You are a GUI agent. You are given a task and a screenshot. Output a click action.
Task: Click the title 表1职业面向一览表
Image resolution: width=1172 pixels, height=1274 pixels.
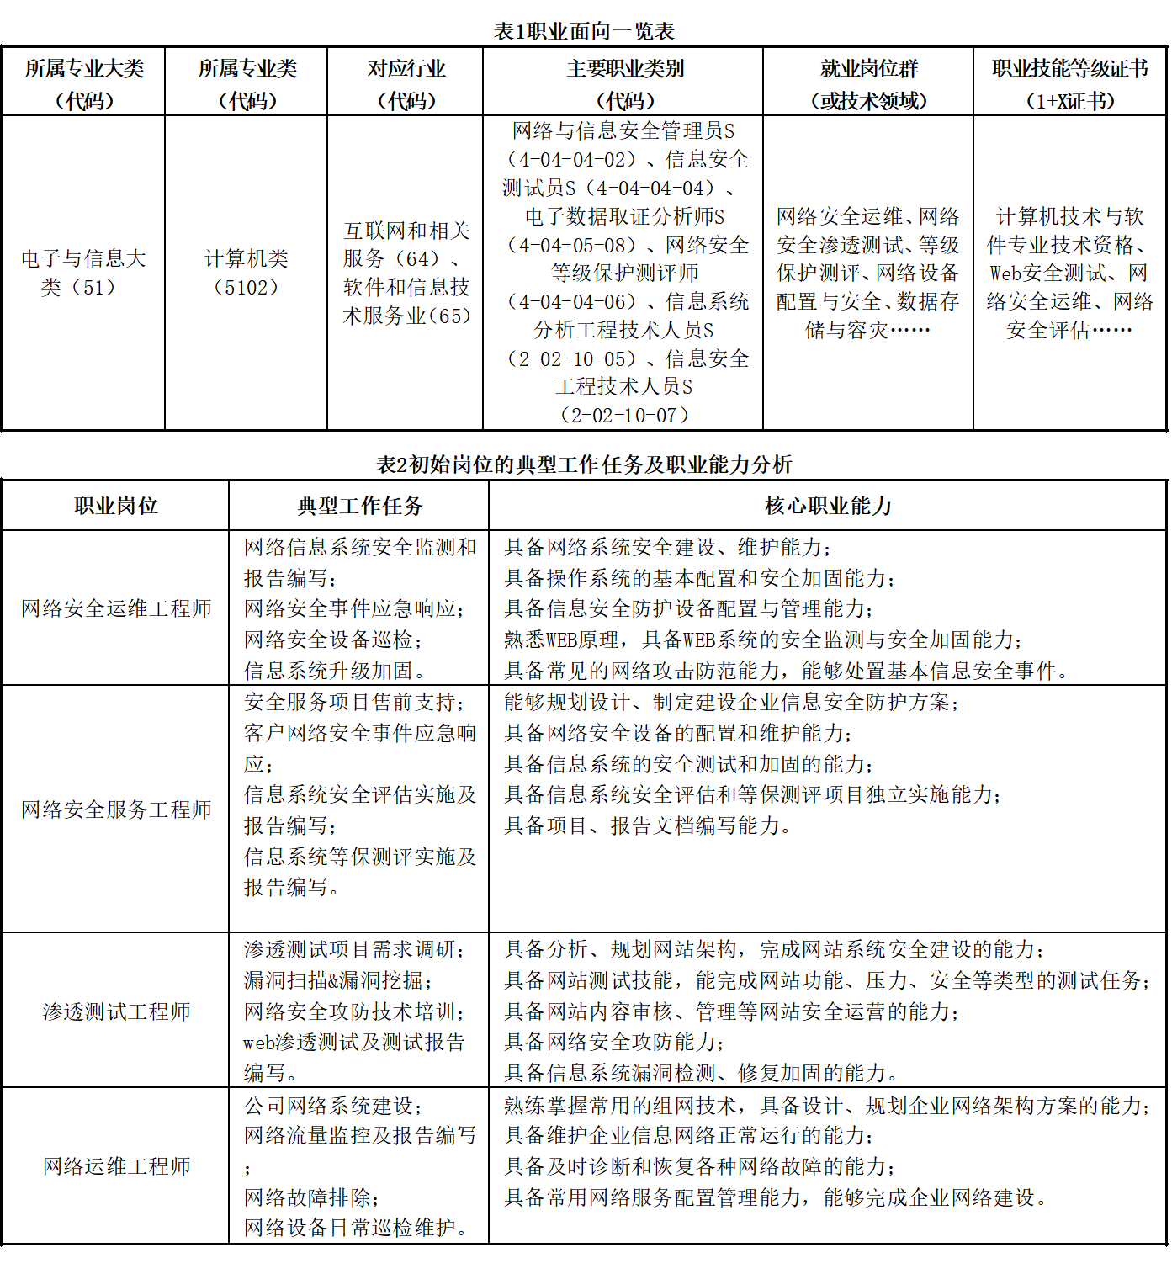click(584, 32)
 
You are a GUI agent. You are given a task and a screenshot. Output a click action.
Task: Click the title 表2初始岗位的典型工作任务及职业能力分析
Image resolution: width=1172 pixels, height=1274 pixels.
click(584, 464)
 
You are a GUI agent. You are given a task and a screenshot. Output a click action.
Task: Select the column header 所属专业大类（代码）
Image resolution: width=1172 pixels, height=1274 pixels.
click(83, 84)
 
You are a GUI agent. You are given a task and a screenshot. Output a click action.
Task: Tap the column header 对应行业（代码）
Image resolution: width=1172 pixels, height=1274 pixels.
click(406, 84)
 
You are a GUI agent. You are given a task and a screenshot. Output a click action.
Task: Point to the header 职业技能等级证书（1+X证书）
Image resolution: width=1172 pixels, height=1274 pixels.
click(1069, 84)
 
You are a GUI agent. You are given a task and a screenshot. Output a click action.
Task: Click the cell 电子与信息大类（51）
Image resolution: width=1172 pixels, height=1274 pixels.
click(83, 273)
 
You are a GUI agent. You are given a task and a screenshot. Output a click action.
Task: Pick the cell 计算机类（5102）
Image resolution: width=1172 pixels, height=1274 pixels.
click(246, 273)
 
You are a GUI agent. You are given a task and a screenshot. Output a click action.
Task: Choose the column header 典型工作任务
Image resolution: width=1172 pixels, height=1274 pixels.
click(359, 506)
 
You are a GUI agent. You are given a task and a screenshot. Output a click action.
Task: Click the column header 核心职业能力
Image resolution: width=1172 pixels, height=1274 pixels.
click(828, 506)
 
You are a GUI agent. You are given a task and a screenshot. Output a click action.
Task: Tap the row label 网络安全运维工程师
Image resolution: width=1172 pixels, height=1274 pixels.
click(116, 608)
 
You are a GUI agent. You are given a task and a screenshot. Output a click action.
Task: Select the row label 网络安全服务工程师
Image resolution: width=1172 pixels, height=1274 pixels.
click(116, 810)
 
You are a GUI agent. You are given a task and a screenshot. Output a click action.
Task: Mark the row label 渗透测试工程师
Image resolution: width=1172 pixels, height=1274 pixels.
click(116, 1011)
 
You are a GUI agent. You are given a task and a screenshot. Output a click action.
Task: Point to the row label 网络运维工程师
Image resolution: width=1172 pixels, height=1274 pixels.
click(116, 1166)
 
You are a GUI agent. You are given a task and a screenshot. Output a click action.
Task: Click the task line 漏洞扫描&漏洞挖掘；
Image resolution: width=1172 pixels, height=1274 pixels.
click(338, 980)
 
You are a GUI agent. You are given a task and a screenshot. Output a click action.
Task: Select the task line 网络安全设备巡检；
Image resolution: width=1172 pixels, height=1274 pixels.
click(333, 640)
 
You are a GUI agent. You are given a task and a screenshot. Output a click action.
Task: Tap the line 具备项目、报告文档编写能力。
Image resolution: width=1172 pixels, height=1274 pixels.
click(648, 825)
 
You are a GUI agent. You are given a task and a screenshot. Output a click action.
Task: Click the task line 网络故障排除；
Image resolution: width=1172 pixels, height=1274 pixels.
click(312, 1197)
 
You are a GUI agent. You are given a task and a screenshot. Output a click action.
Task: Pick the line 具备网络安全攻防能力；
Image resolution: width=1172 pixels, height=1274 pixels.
click(614, 1042)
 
